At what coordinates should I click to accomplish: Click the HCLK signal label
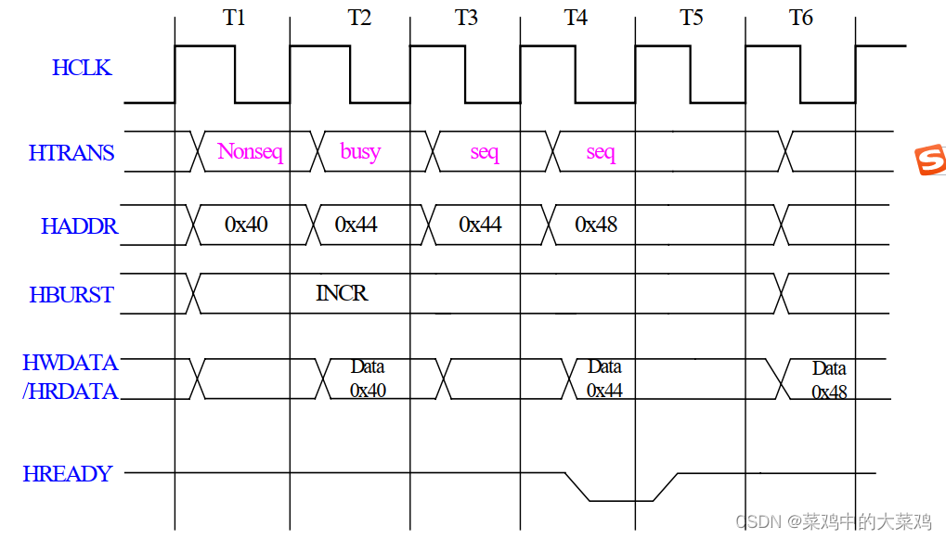82,68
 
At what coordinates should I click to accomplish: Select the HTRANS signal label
71,153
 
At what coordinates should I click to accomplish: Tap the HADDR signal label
79,226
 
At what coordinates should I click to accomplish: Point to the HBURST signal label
71,295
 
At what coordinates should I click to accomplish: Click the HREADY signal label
67,474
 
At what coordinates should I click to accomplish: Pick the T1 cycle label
234,18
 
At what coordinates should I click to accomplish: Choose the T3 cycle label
466,18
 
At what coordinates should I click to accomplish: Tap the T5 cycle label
692,18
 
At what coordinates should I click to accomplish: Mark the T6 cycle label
801,18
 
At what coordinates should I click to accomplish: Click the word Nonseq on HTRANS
250,152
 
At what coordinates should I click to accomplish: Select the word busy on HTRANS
360,151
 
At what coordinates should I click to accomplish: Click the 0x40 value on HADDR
246,225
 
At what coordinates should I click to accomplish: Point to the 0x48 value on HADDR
596,225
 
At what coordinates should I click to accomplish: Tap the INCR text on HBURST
342,294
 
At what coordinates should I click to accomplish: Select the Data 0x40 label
368,379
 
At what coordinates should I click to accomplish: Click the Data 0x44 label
604,379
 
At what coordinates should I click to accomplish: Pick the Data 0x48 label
829,380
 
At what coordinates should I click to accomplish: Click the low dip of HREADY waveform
621,500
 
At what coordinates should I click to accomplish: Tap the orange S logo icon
930,160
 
